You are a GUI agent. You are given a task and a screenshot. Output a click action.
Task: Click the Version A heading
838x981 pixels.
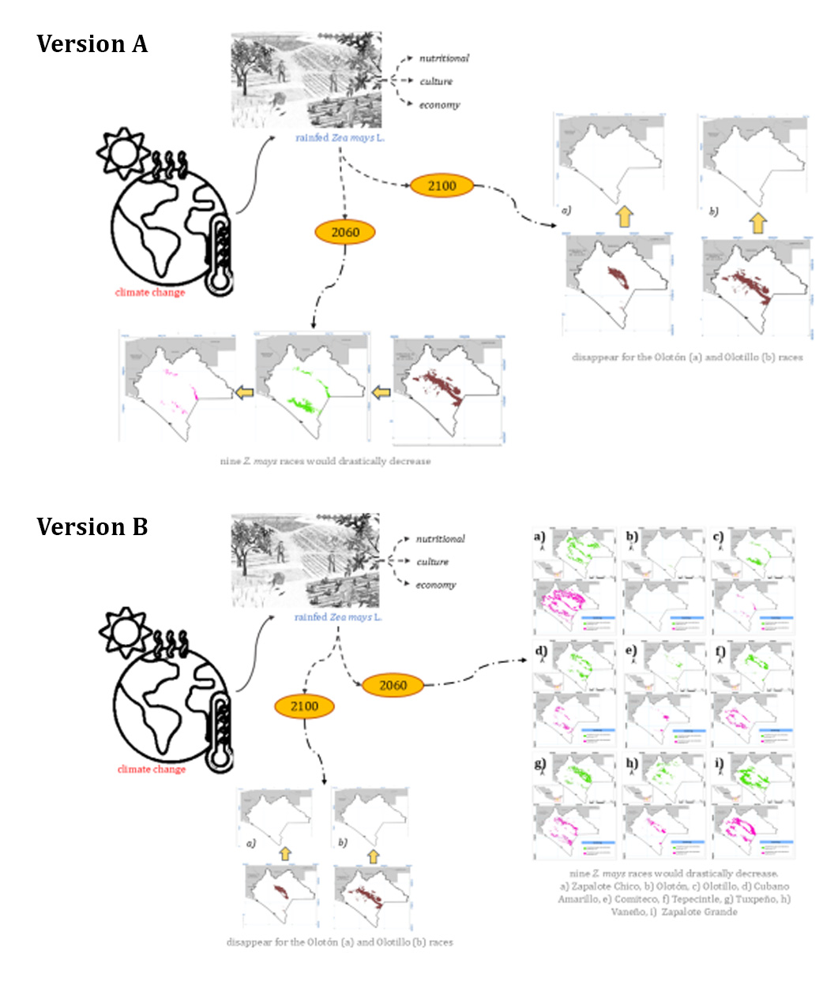pyautogui.click(x=92, y=44)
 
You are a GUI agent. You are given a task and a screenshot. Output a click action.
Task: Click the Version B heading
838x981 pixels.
pyautogui.click(x=92, y=526)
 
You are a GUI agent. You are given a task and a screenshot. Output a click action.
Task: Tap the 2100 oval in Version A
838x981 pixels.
pyautogui.click(x=442, y=185)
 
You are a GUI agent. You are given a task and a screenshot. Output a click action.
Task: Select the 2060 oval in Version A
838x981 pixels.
pyautogui.click(x=345, y=232)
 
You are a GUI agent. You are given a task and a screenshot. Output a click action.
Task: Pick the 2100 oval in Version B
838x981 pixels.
pyautogui.click(x=304, y=706)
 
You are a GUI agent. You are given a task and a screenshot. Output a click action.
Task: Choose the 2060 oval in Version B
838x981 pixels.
pyautogui.click(x=393, y=685)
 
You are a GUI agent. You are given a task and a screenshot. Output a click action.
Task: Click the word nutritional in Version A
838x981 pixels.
pyautogui.click(x=444, y=58)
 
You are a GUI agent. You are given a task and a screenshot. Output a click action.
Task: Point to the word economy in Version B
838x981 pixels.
pyautogui.click(x=436, y=585)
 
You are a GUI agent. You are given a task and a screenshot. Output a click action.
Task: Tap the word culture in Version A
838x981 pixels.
pyautogui.click(x=436, y=81)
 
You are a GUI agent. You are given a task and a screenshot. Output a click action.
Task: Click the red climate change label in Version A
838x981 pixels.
pyautogui.click(x=149, y=293)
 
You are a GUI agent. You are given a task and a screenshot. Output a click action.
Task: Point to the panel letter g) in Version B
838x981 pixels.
pyautogui.click(x=540, y=764)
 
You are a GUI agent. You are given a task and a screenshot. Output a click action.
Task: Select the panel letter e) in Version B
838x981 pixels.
pyautogui.click(x=630, y=652)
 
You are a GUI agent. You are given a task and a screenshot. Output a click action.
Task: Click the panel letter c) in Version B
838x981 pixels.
pyautogui.click(x=718, y=538)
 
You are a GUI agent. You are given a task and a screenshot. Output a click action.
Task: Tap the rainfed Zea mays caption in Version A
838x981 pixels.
pyautogui.click(x=340, y=138)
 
